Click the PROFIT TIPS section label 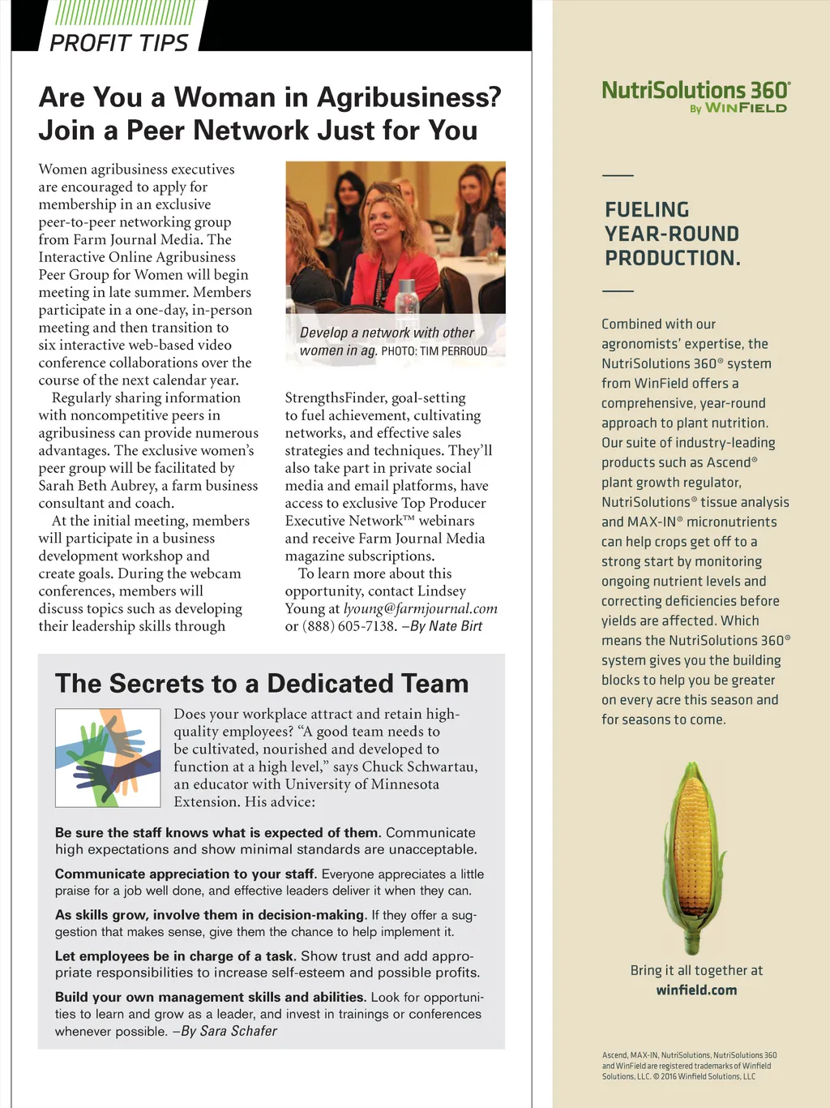[118, 43]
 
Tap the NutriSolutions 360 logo [695, 90]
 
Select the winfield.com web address [696, 990]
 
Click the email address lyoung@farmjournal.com [420, 609]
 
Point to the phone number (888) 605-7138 [349, 627]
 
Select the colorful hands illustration [108, 758]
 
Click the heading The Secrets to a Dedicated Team [262, 684]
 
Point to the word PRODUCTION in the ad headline [672, 259]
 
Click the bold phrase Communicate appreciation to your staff [184, 874]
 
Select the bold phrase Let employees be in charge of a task [175, 956]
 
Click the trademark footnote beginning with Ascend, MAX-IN [688, 1066]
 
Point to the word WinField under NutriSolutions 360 [746, 109]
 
